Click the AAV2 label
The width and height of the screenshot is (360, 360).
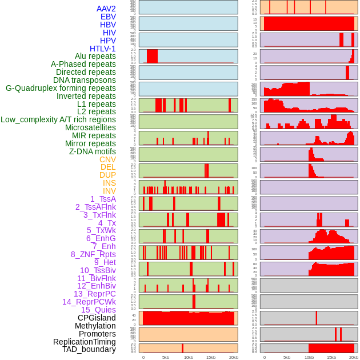tap(106, 9)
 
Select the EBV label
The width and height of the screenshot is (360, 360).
tap(108, 17)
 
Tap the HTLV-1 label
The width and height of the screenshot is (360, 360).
tap(102, 49)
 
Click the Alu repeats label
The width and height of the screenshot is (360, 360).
tap(95, 57)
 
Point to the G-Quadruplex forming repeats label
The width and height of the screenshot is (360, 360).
tap(61, 88)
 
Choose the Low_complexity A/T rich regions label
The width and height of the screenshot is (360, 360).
tap(58, 119)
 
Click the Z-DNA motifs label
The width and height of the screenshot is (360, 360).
tap(92, 151)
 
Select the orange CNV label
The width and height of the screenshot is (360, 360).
tap(107, 159)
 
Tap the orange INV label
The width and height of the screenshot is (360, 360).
tap(109, 191)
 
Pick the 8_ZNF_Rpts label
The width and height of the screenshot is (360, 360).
tap(93, 254)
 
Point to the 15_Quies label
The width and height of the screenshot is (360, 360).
tap(98, 310)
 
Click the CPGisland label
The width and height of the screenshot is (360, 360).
tap(97, 318)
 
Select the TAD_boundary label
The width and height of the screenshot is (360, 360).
tap(89, 349)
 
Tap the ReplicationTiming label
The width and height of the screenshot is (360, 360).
tap(84, 342)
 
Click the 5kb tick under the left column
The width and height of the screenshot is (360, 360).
tap(166, 357)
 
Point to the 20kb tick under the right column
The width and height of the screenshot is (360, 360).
tap(354, 357)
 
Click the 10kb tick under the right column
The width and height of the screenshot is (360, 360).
tap(309, 357)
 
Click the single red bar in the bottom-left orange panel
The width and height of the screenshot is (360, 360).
tap(183, 348)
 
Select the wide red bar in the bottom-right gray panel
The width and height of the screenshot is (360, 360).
tap(331, 348)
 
